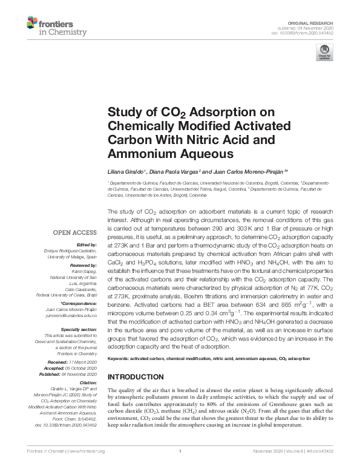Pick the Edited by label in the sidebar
tap(85, 244)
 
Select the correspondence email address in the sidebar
tap(73, 315)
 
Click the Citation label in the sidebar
tap(87, 382)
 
